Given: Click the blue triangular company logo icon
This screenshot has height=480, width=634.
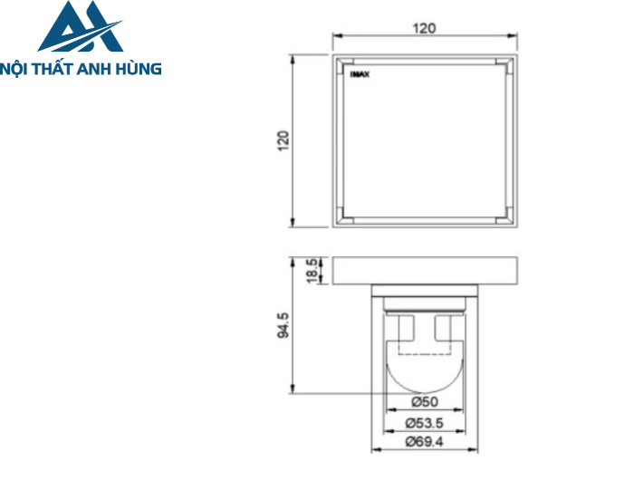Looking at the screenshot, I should click(x=80, y=27).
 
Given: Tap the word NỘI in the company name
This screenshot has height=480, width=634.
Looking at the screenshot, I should click(x=19, y=68).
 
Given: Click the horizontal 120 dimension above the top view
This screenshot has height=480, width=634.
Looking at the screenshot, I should click(x=425, y=28).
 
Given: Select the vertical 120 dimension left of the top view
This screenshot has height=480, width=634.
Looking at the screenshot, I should click(x=283, y=140).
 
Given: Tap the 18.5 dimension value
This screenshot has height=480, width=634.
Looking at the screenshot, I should click(x=312, y=271).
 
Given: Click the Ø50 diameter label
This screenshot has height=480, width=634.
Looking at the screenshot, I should click(x=425, y=401).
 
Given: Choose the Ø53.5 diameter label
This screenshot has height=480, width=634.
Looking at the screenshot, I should click(x=425, y=422).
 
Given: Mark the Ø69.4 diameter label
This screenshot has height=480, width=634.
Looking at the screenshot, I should click(x=425, y=442).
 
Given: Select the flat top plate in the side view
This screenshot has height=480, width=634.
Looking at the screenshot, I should click(x=425, y=271).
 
